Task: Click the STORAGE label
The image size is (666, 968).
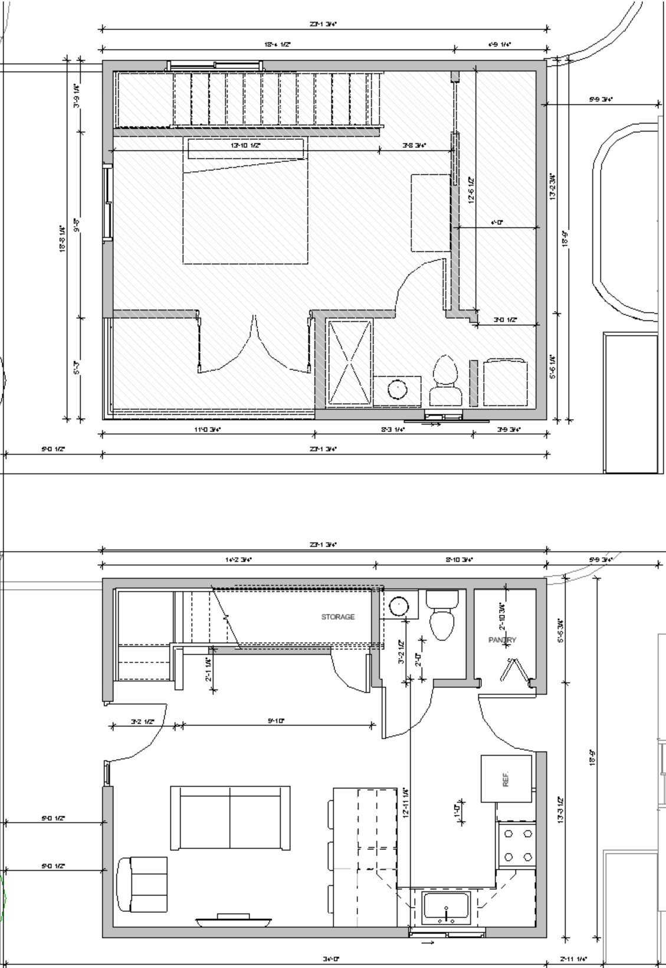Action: [x=338, y=617]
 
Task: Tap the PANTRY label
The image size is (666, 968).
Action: [x=502, y=640]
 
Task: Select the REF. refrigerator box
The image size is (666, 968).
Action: [x=506, y=779]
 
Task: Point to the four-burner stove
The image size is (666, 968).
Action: [x=517, y=845]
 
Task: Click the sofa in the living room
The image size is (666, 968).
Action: [x=230, y=817]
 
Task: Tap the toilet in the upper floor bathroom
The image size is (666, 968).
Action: [x=445, y=380]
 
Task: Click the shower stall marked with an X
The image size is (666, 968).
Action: [x=349, y=362]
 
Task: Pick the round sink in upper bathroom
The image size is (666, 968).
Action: [x=397, y=390]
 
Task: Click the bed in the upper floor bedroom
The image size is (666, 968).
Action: [x=245, y=201]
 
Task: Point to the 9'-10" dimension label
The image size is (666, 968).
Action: [x=276, y=721]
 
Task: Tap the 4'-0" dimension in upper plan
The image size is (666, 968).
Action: [x=497, y=223]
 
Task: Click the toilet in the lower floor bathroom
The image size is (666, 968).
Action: [x=442, y=616]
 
